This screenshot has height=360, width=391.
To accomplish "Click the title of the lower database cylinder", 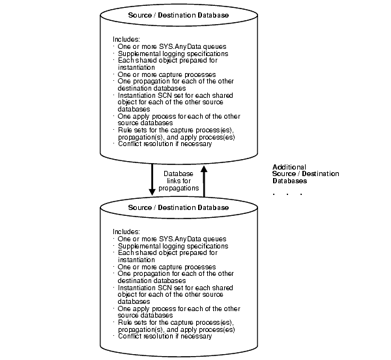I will [x=179, y=208].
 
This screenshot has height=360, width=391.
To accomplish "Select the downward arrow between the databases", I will [x=152, y=180].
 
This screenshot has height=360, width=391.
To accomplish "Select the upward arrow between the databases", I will [x=204, y=180].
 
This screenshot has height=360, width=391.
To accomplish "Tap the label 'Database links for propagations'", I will [x=178, y=181].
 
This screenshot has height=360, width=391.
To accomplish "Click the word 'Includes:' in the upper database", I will [x=126, y=39].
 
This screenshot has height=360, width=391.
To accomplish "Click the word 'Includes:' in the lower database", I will [x=126, y=232].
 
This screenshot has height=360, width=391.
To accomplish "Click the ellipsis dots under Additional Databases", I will [x=287, y=194].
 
